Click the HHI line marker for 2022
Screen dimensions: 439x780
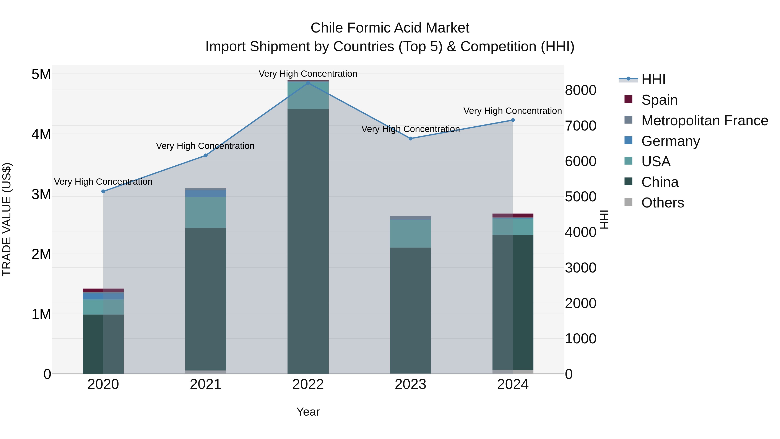click(x=308, y=83)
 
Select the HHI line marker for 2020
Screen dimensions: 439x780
click(x=103, y=191)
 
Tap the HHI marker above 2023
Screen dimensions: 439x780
click(x=411, y=139)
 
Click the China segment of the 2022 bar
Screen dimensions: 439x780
click(x=308, y=242)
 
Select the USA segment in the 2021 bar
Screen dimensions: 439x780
click(x=206, y=212)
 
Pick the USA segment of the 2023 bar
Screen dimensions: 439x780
click(x=410, y=233)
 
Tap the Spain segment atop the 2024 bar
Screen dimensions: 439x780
click(x=513, y=215)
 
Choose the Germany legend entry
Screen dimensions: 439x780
click(x=670, y=141)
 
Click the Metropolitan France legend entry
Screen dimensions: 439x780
click(x=704, y=121)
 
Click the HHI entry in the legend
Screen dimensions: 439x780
click(x=653, y=79)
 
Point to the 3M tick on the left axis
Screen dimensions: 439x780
click(x=41, y=194)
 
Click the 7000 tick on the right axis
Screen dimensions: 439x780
click(x=580, y=126)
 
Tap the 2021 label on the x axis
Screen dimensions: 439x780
click(x=206, y=384)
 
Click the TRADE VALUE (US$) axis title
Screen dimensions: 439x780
click(x=7, y=219)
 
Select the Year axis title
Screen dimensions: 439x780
click(x=308, y=412)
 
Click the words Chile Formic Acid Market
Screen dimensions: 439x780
click(x=390, y=28)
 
